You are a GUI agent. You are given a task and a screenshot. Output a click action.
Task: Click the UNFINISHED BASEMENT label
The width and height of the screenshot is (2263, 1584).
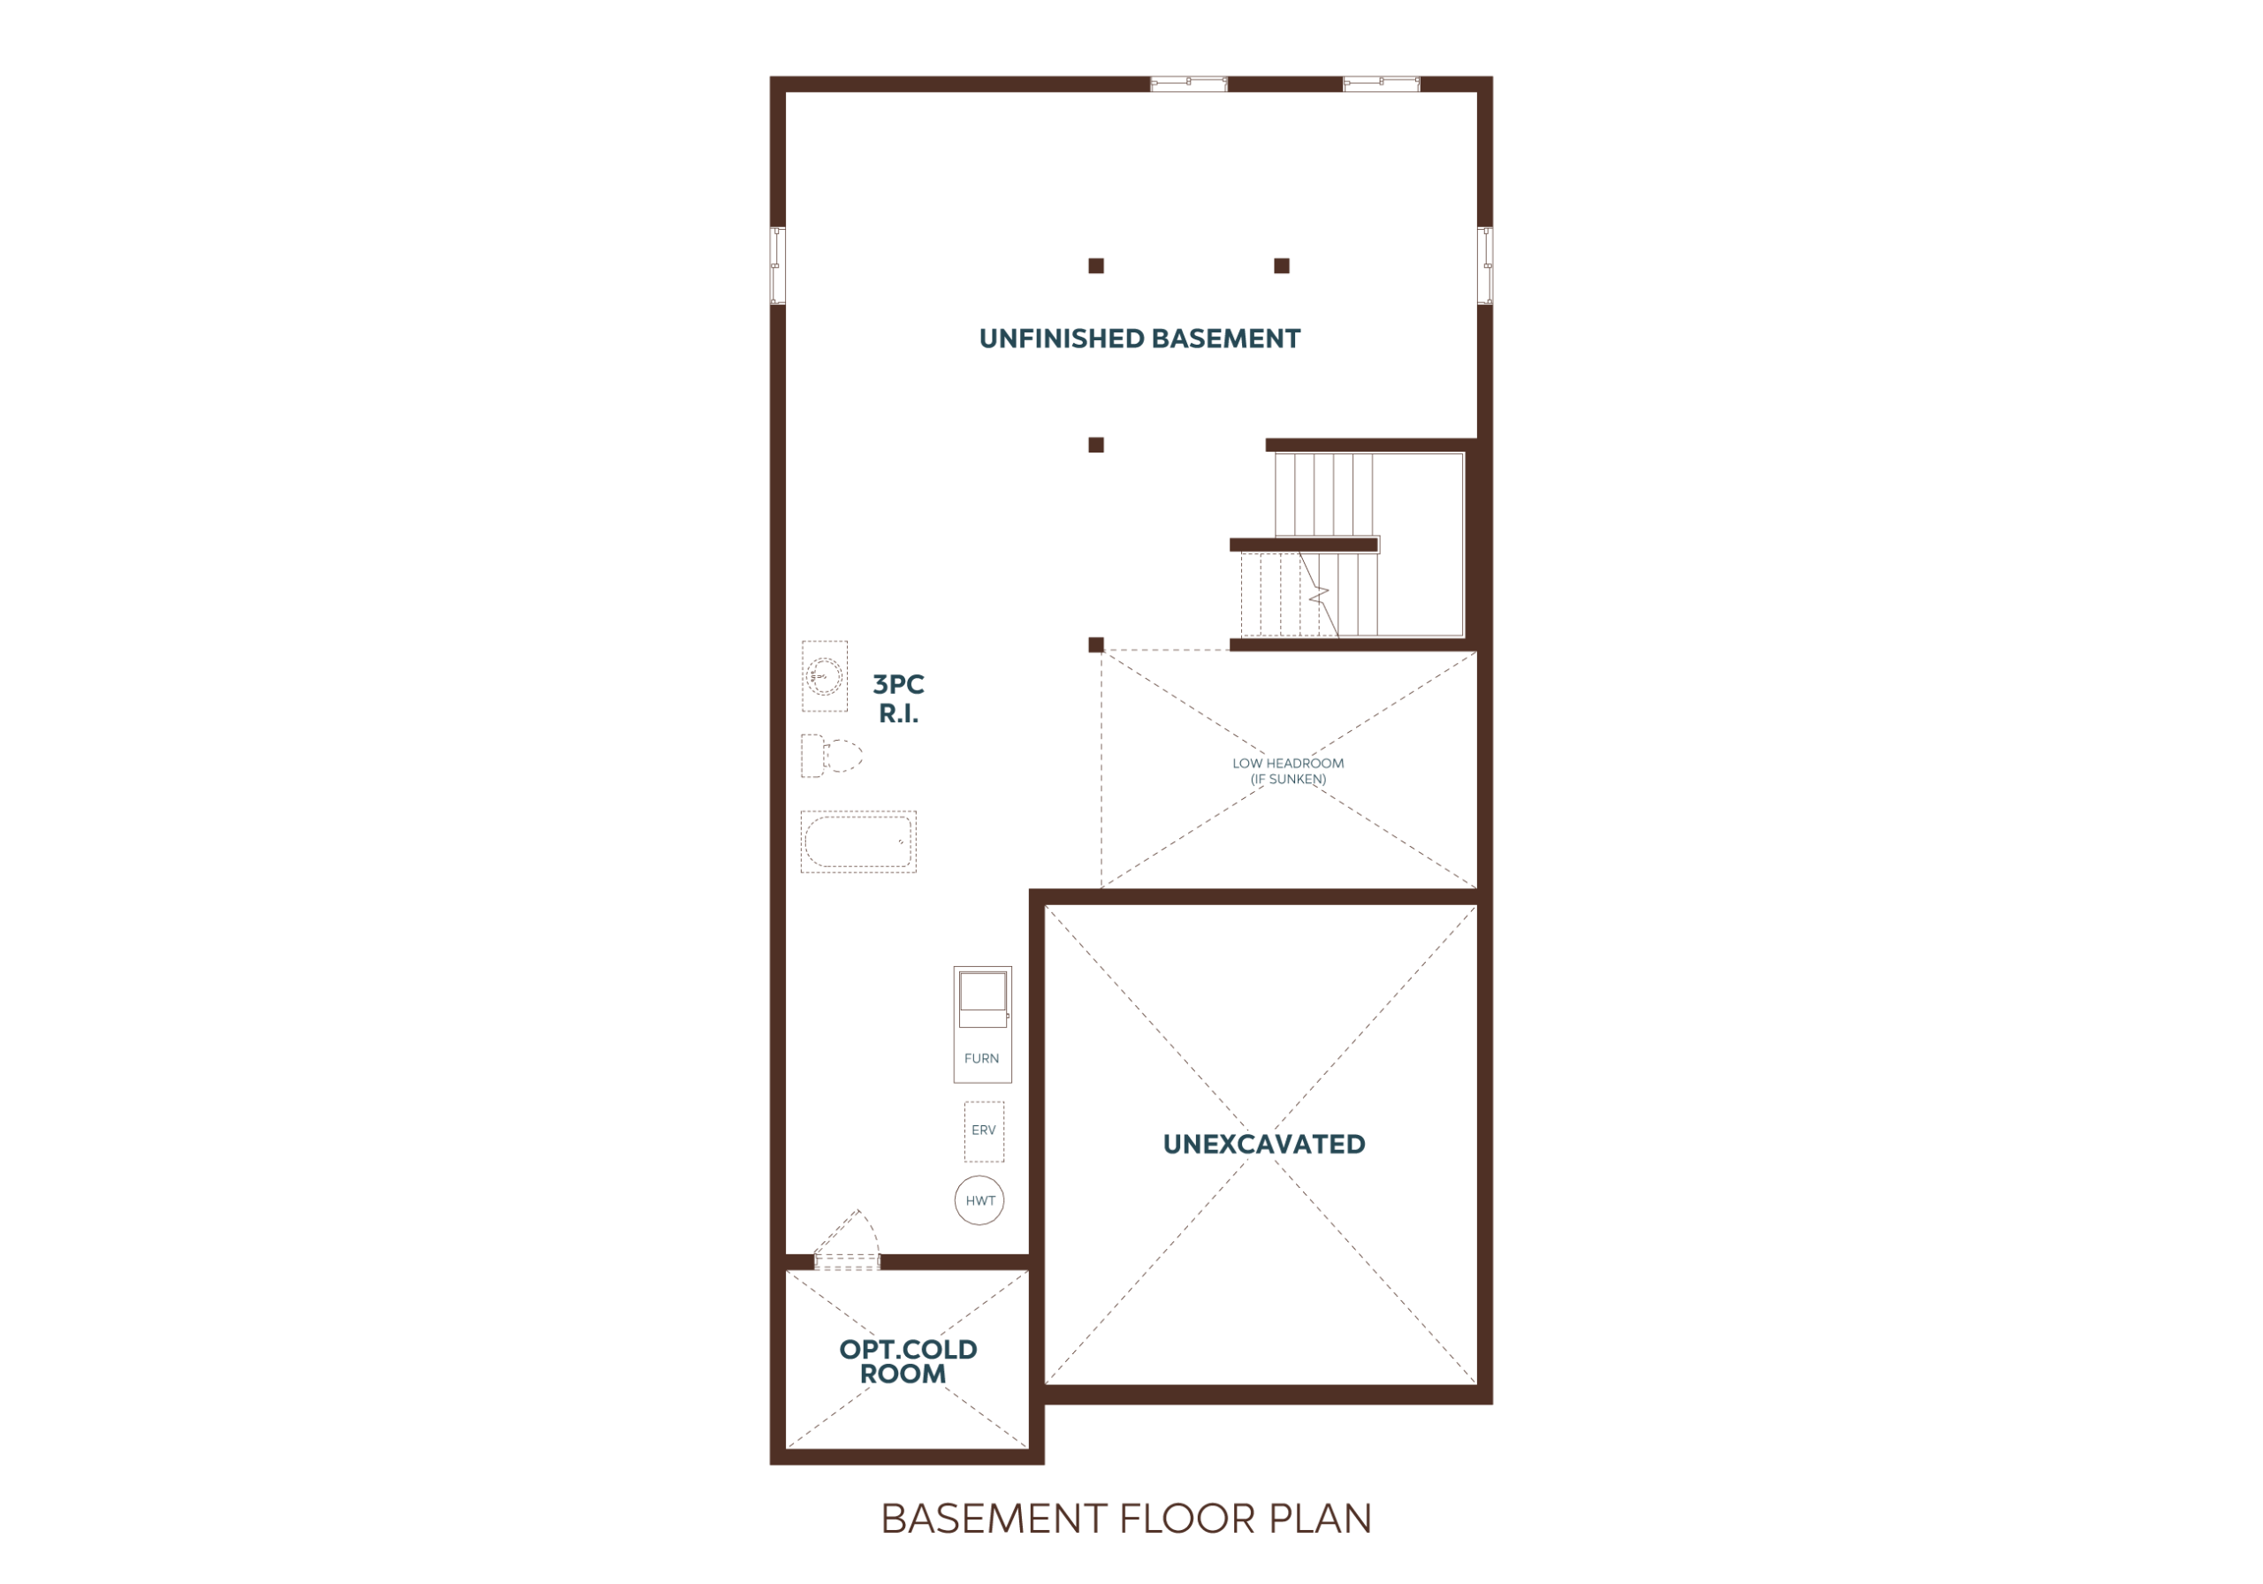(1139, 339)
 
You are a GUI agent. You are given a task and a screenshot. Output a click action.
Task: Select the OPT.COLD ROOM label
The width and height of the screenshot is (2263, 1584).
(908, 1361)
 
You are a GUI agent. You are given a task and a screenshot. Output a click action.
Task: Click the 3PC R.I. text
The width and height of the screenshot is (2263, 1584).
(899, 699)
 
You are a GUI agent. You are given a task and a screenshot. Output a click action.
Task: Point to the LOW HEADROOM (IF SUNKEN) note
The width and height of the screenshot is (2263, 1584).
(1287, 771)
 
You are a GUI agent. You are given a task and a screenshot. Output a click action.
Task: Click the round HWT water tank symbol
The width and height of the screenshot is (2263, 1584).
(979, 1200)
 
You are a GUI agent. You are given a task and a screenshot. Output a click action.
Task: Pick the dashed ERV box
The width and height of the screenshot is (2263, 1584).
(984, 1131)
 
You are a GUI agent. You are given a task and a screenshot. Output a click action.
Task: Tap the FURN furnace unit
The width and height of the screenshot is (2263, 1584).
(982, 1024)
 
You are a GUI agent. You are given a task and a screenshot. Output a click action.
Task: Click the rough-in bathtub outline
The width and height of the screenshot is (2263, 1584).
(858, 841)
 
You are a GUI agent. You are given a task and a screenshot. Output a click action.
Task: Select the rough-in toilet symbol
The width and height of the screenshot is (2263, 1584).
(831, 756)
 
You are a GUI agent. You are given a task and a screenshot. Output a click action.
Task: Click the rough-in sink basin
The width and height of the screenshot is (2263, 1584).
(824, 676)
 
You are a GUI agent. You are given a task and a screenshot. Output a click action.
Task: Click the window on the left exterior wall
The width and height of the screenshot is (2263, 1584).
(778, 265)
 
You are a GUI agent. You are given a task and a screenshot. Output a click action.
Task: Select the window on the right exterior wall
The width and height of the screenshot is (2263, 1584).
(1484, 265)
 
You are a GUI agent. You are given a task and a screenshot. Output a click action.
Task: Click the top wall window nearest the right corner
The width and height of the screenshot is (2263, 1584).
(1381, 84)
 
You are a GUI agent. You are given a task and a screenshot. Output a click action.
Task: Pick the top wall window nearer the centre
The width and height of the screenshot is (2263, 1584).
(1189, 84)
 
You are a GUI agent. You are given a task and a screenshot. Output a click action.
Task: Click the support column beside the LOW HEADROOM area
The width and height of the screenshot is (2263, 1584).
(1096, 644)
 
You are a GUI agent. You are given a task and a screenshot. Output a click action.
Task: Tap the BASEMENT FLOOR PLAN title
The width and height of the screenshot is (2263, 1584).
(1125, 1519)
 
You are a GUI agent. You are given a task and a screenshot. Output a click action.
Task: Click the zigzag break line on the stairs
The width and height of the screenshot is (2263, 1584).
(1319, 594)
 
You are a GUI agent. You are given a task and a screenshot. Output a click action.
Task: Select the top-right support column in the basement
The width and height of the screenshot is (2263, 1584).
(1281, 266)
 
